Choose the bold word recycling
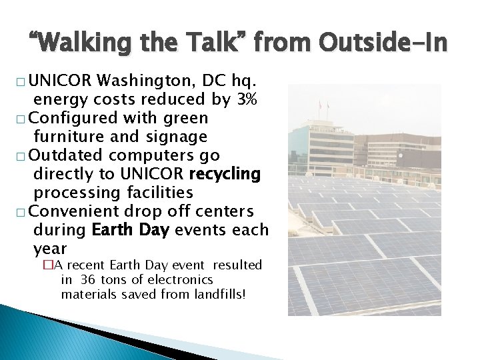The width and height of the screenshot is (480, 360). pos(225,174)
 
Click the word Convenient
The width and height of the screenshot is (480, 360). pos(87,211)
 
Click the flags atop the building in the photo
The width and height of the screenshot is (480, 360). pos(323,105)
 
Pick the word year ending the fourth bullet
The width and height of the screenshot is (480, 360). pos(50,249)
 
